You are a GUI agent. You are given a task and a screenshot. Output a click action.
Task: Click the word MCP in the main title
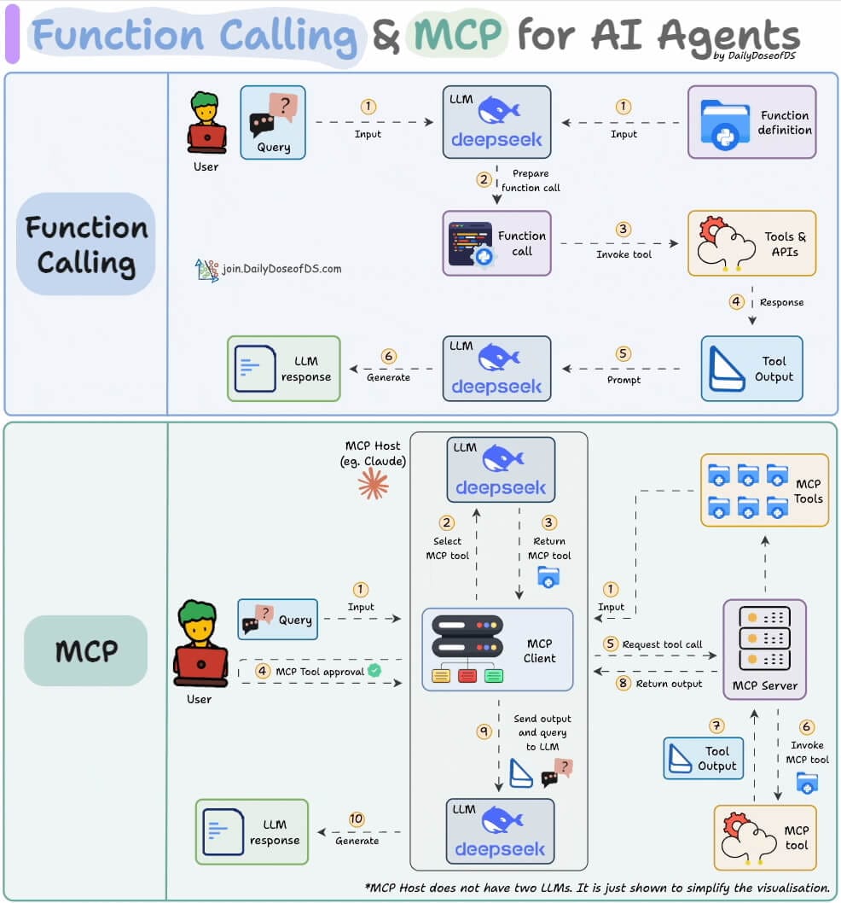456,35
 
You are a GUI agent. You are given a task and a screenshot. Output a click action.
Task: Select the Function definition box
751,122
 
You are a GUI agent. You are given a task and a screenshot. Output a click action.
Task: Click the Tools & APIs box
751,243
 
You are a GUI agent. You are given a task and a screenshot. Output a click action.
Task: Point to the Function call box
496,243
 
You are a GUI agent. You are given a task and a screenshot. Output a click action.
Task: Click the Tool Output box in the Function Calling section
751,369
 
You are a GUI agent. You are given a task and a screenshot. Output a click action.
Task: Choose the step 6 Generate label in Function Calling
388,377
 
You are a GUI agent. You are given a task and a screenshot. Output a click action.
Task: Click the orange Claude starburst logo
373,484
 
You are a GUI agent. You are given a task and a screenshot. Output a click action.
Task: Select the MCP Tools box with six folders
764,490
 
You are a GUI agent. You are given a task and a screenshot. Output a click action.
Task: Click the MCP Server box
764,649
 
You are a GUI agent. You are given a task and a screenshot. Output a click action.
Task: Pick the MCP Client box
497,650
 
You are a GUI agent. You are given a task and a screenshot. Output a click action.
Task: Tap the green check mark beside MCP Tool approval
374,671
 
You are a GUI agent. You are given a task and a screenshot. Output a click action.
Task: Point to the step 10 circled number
357,819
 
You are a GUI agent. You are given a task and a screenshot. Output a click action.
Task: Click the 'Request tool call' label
662,644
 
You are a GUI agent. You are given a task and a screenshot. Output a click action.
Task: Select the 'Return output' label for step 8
669,684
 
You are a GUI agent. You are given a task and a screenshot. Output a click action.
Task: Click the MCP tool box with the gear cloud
764,836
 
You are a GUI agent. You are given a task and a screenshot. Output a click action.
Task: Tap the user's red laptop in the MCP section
200,664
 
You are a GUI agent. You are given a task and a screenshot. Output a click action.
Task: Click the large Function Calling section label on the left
85,245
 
